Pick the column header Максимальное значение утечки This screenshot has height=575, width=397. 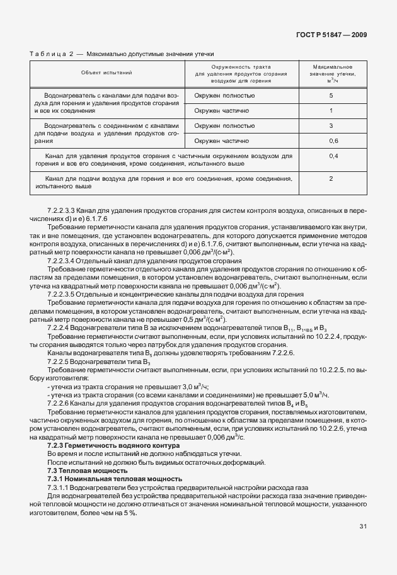pos(331,73)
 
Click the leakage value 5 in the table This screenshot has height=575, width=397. pos(331,95)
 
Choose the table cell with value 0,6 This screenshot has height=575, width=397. pos(333,140)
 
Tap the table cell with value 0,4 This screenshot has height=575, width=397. pos(333,155)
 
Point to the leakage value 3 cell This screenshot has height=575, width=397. pos(331,125)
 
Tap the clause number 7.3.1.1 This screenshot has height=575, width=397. pos(60,487)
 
